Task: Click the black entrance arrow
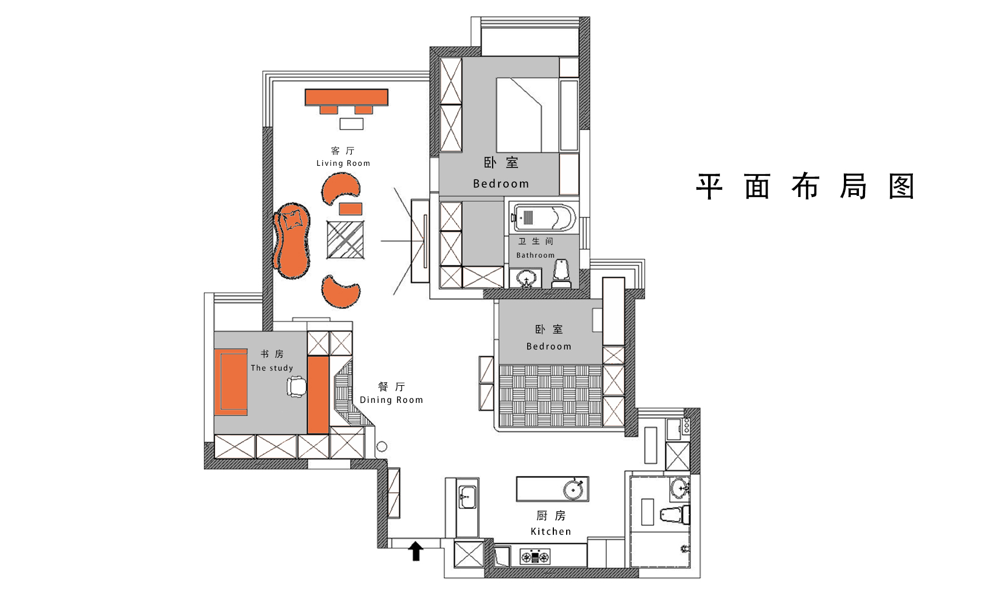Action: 416,551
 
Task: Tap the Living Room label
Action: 343,163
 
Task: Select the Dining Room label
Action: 391,400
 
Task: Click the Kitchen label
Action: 551,531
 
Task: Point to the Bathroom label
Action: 536,255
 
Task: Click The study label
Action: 272,368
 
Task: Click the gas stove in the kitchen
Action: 535,556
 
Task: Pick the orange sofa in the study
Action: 230,382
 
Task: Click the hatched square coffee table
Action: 345,240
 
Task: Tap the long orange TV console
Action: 346,97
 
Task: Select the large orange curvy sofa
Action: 291,241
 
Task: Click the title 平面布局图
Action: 805,186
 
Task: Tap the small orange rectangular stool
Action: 351,209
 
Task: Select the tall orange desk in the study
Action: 318,395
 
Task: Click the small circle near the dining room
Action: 381,447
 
